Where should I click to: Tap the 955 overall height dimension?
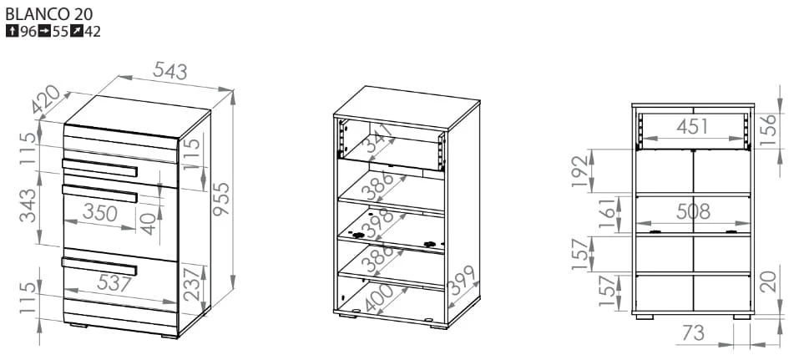tap(222, 199)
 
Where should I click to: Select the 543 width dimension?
tap(170, 71)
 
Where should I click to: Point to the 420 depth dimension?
tap(46, 99)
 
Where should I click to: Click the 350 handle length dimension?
tap(100, 212)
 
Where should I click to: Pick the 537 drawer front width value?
tap(111, 283)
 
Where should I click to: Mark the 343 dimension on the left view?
tap(28, 205)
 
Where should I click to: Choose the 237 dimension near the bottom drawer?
tap(193, 285)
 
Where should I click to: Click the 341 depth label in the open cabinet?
tap(378, 139)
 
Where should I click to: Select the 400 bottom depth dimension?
tap(378, 298)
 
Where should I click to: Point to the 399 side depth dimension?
tap(463, 281)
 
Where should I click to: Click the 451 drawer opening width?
tap(692, 126)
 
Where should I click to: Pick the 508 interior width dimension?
tap(693, 211)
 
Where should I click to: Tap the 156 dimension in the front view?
tap(768, 130)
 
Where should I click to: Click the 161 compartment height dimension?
tap(608, 215)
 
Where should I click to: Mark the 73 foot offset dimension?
tap(693, 333)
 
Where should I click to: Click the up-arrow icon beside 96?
tap(12, 31)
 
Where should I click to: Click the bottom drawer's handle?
tap(99, 266)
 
